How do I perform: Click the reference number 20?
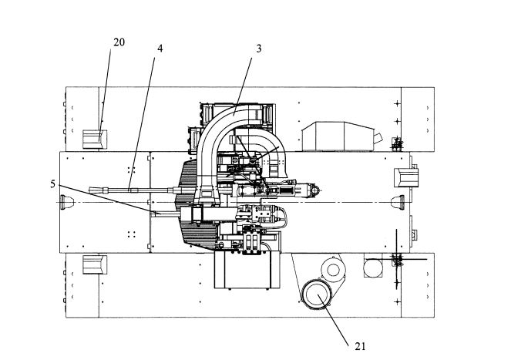[x=119, y=42]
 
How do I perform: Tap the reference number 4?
[x=160, y=49]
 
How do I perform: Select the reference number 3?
[x=258, y=49]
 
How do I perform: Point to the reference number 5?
[x=52, y=184]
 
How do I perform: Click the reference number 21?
[x=360, y=346]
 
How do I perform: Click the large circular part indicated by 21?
[x=316, y=295]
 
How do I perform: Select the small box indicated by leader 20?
[x=95, y=140]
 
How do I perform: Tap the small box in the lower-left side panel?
[x=95, y=264]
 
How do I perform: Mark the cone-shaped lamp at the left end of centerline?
[x=67, y=202]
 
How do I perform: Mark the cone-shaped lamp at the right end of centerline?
[x=398, y=202]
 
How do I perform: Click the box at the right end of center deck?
[x=406, y=178]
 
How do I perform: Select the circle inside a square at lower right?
[x=373, y=267]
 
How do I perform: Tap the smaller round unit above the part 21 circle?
[x=333, y=269]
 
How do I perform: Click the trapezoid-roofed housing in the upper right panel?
[x=338, y=136]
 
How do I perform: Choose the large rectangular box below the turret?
[x=247, y=269]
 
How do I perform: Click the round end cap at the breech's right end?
[x=315, y=190]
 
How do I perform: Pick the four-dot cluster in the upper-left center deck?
[x=132, y=170]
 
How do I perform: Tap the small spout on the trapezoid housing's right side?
[x=378, y=138]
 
